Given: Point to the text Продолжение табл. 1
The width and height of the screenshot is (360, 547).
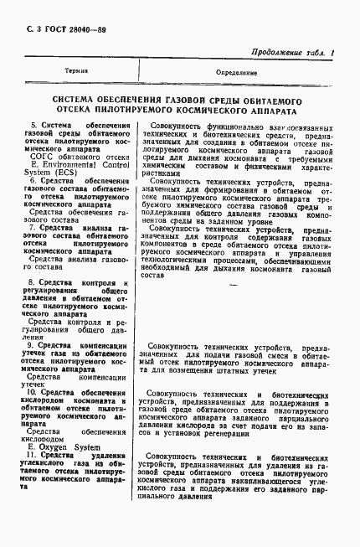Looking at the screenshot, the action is click(290, 53).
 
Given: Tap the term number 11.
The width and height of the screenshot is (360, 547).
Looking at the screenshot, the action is click(33, 456).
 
